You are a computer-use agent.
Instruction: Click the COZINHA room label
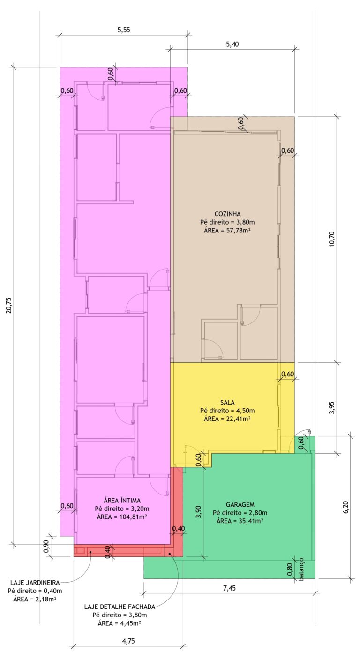point(228,214)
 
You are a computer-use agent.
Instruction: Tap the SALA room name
point(228,403)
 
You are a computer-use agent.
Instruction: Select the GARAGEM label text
point(240,504)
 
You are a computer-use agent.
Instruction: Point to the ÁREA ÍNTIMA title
point(122,500)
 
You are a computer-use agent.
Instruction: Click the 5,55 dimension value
point(124,30)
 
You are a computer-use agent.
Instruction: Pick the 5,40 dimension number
point(232,44)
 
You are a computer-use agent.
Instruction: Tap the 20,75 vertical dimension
point(9,305)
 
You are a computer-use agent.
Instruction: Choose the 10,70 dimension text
point(331,239)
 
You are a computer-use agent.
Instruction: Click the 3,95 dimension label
point(331,408)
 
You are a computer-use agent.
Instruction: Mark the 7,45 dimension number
point(229,588)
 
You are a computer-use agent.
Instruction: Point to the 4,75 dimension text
point(128,641)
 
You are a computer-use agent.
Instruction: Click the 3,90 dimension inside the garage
point(198,512)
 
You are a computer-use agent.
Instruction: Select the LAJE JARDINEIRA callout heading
point(35,583)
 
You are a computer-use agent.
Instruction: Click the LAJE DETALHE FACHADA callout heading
point(120,607)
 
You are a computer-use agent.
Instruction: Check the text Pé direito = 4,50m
point(228,411)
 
